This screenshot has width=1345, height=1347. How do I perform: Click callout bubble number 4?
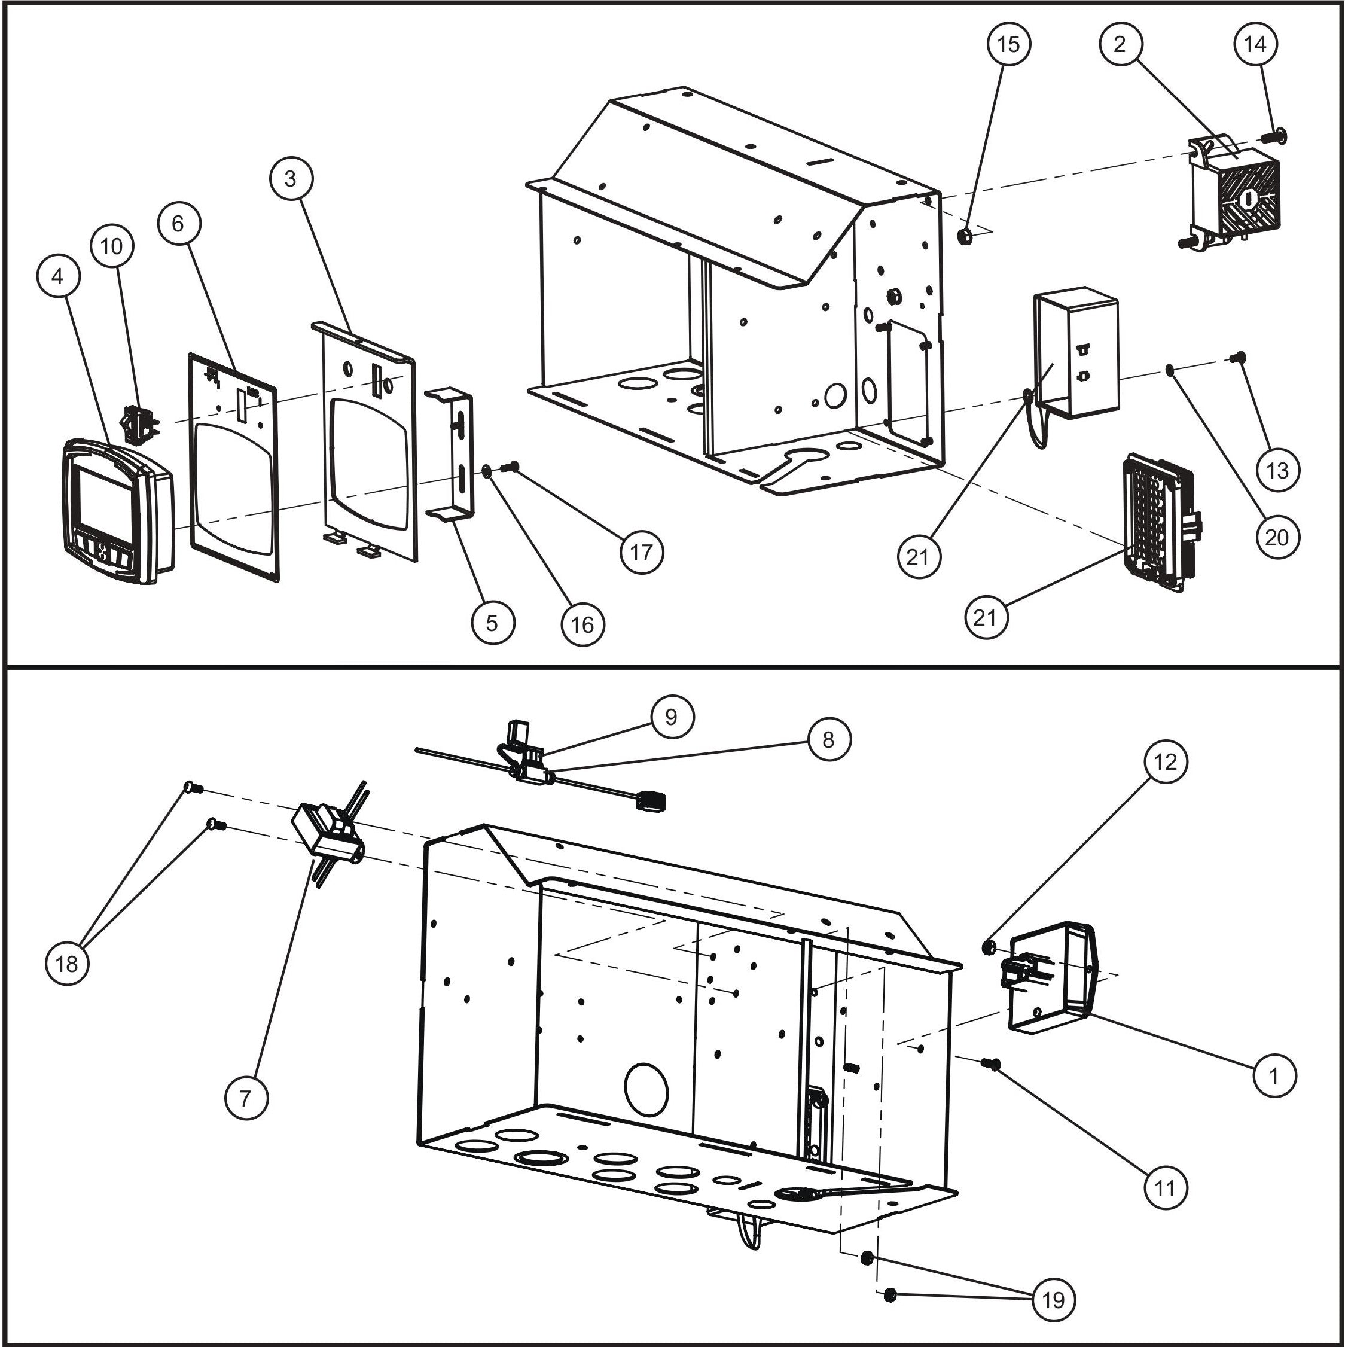[58, 277]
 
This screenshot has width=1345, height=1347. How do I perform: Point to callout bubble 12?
[1165, 762]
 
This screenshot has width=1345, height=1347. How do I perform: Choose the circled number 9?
[672, 717]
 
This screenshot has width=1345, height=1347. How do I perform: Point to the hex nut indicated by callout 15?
[966, 237]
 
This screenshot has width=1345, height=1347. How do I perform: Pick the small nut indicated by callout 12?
[987, 947]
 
